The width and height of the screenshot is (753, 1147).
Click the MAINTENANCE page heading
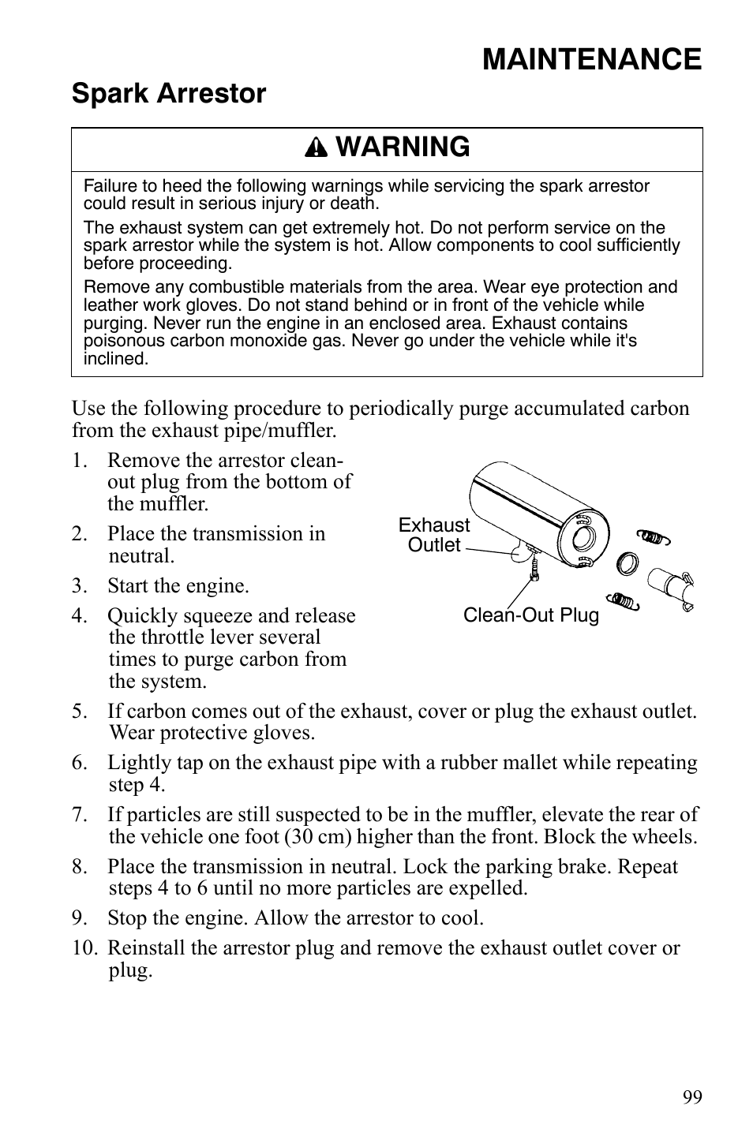tap(591, 60)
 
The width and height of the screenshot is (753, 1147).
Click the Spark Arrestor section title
tap(169, 94)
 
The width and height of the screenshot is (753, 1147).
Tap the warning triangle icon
tap(316, 148)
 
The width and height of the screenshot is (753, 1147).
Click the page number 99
tap(692, 1097)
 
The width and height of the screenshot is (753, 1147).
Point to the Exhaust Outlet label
tap(433, 536)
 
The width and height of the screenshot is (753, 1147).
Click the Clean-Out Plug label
tap(530, 615)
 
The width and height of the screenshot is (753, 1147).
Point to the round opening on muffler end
tap(584, 540)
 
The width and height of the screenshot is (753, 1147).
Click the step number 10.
tap(84, 948)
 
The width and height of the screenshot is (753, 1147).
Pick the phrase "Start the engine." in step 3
tap(178, 586)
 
